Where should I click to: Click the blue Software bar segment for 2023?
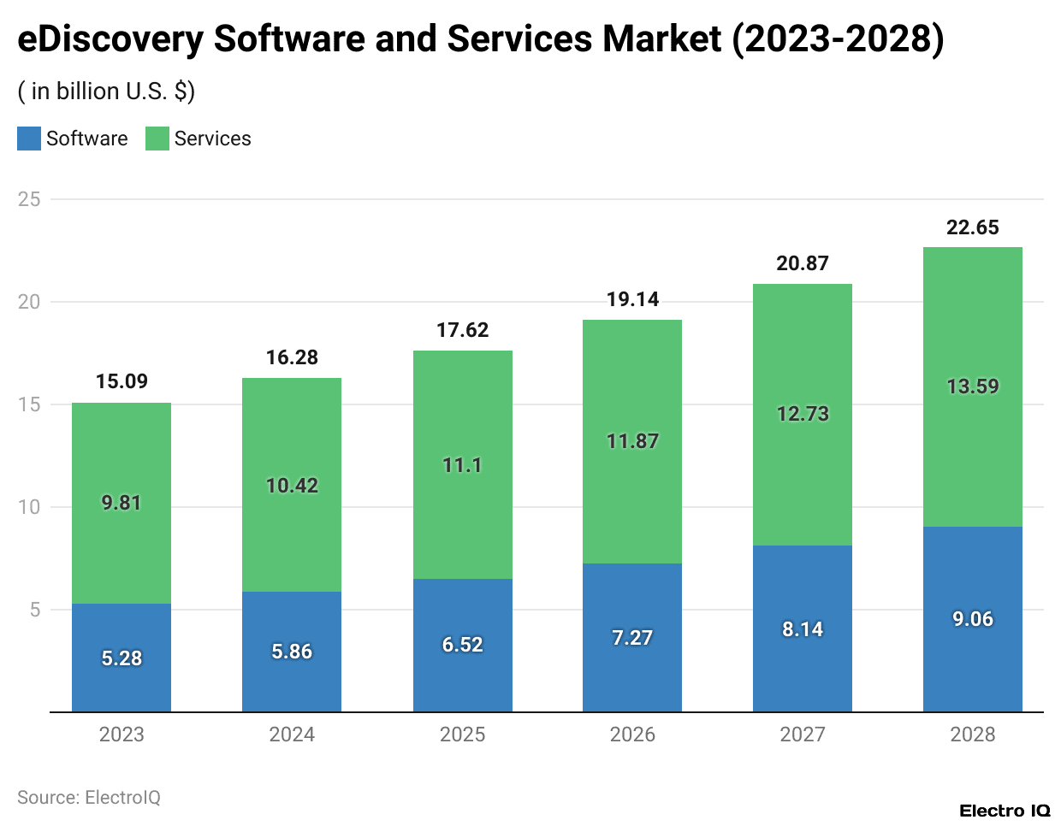[122, 633]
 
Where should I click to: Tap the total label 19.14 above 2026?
[632, 299]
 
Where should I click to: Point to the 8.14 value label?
[803, 629]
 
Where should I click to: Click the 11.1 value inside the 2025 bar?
[462, 465]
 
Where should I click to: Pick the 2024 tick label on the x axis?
[292, 735]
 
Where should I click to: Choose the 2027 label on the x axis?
[803, 735]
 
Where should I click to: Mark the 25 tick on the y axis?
[29, 199]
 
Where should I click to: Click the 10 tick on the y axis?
[29, 507]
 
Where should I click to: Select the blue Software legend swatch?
[29, 139]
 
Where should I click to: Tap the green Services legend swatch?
[157, 139]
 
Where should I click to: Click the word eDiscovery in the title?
[110, 39]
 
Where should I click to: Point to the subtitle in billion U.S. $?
[106, 91]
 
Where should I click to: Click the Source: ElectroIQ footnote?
[89, 797]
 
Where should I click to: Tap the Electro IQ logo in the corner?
[1005, 811]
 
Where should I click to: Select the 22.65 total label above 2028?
[973, 227]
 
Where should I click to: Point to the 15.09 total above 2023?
[122, 381]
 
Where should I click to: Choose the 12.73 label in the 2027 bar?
[803, 414]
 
